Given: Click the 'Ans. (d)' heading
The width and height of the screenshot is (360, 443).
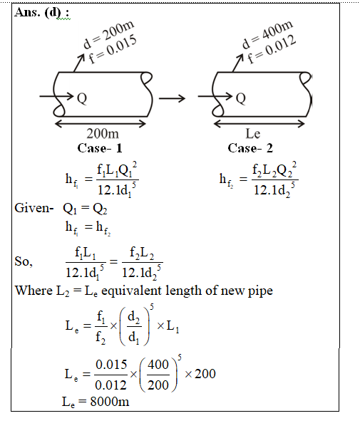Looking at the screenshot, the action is pyautogui.click(x=38, y=12).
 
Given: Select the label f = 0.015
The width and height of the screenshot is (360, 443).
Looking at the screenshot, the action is pyautogui.click(x=113, y=49).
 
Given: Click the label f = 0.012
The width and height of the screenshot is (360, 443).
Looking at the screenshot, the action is pyautogui.click(x=272, y=49).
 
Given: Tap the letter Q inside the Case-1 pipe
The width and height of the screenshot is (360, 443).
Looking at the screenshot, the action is pyautogui.click(x=82, y=98).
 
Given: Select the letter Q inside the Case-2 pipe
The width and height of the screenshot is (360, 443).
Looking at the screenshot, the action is pyautogui.click(x=241, y=98).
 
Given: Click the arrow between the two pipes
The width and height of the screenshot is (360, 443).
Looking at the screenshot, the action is pyautogui.click(x=172, y=98).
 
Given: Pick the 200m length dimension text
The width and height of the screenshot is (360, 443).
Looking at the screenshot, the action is pyautogui.click(x=103, y=134).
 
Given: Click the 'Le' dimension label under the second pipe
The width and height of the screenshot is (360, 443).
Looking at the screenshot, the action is pyautogui.click(x=253, y=134).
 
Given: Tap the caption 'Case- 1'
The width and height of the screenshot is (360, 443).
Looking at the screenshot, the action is pyautogui.click(x=100, y=148).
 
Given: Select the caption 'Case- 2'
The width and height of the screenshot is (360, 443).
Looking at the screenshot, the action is pyautogui.click(x=250, y=148).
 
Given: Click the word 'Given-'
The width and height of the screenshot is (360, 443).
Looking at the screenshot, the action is pyautogui.click(x=34, y=208).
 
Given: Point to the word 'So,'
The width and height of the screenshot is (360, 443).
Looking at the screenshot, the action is pyautogui.click(x=24, y=261).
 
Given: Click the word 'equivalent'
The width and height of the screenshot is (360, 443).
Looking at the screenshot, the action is pyautogui.click(x=131, y=291).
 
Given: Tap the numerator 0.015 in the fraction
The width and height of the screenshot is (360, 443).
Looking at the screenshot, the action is pyautogui.click(x=111, y=365).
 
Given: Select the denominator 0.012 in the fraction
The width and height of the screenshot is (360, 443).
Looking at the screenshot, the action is pyautogui.click(x=110, y=385).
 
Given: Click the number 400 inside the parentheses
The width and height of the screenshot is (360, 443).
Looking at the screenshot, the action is pyautogui.click(x=158, y=365).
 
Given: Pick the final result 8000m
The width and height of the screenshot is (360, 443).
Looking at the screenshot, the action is pyautogui.click(x=110, y=402).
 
